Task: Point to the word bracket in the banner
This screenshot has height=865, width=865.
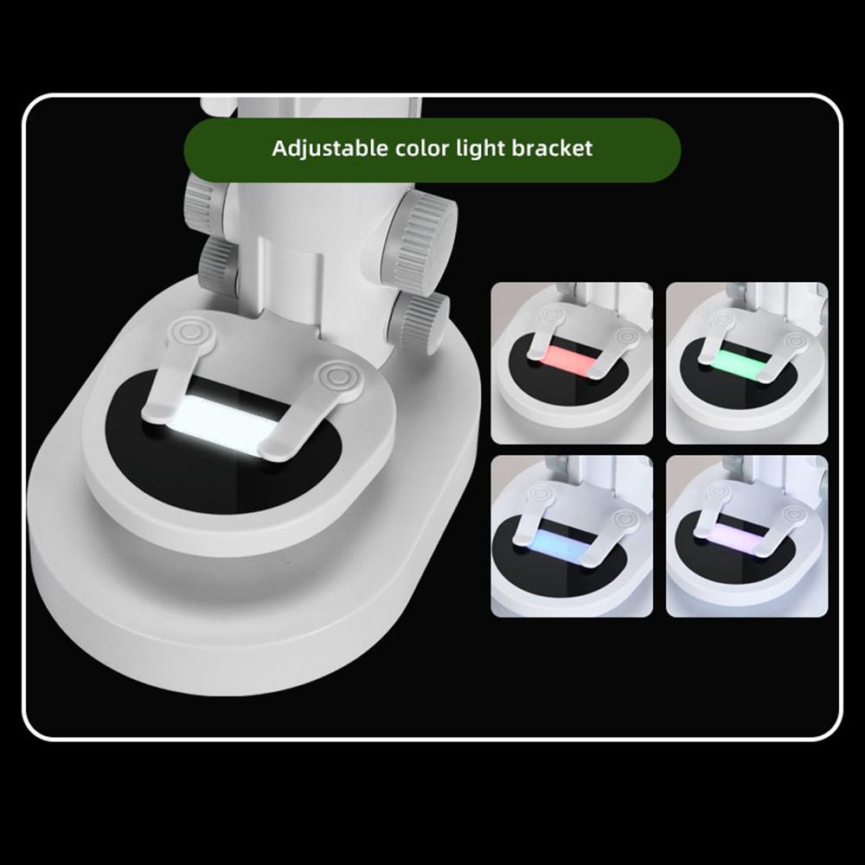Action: click(551, 148)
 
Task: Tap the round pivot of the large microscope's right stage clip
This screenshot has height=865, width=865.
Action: click(334, 378)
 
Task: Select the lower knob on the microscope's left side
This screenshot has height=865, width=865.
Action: click(216, 265)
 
